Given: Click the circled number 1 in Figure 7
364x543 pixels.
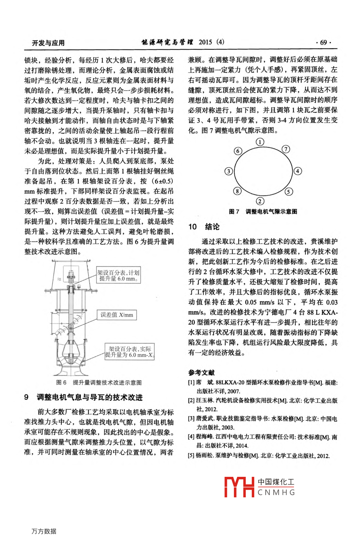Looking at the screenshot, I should (260, 142).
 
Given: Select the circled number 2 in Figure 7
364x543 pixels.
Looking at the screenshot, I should (260, 201).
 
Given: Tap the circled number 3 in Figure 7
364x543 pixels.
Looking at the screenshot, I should (229, 171).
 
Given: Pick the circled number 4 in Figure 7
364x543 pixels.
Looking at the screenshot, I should (297, 171).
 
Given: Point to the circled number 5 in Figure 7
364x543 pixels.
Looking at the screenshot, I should (289, 192).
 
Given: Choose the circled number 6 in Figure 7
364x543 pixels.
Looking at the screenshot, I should (238, 151).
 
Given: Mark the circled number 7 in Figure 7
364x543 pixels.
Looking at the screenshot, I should (286, 149).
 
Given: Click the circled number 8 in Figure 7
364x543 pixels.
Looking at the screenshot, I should (237, 191).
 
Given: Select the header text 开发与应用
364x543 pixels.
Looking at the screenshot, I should (48, 43).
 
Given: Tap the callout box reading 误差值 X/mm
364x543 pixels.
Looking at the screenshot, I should (117, 315).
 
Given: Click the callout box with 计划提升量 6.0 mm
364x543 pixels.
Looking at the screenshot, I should (118, 276).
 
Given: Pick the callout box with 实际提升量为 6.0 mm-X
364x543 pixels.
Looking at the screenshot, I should (129, 352).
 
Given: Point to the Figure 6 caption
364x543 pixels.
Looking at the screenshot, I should (99, 382).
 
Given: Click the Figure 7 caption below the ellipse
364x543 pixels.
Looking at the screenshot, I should (263, 211).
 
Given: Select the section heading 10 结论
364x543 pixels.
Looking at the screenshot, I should (204, 227).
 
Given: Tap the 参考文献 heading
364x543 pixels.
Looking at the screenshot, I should (202, 372).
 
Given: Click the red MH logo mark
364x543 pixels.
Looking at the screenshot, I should (239, 487).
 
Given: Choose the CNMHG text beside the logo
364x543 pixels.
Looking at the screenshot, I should (276, 492).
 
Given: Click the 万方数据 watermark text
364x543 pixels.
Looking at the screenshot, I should (44, 531).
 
